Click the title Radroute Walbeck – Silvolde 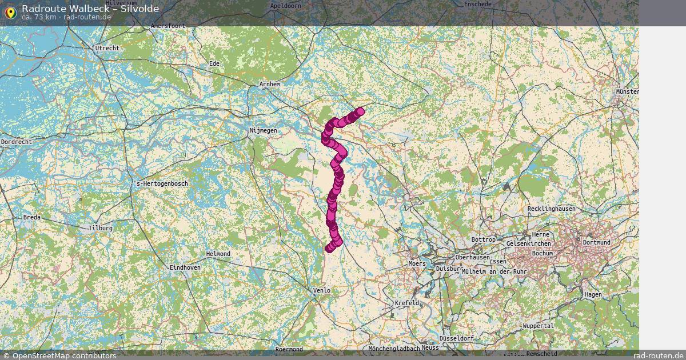click(90, 9)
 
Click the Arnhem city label click(270, 85)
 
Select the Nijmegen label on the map click(264, 131)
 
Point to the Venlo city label click(322, 291)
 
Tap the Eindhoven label click(185, 267)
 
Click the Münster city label click(627, 91)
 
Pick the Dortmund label click(596, 242)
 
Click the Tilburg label click(101, 228)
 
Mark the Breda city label click(32, 218)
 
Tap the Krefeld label click(407, 303)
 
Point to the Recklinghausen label click(552, 209)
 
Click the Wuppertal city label click(538, 326)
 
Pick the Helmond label click(218, 254)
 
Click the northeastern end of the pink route click(360, 111)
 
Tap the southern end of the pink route click(329, 248)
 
